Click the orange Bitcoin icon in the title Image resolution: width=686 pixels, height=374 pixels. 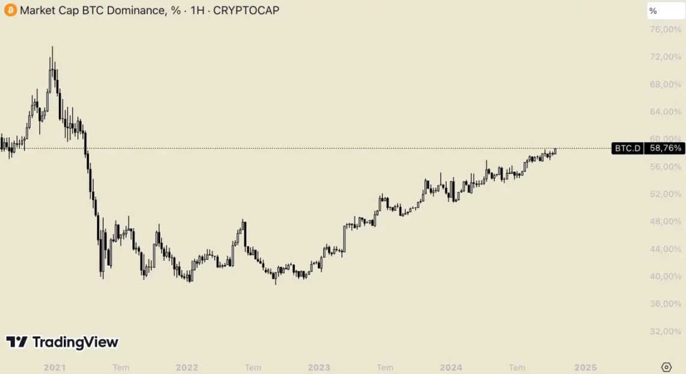10,10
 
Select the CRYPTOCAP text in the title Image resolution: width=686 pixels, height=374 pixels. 246,10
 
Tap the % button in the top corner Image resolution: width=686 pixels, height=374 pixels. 666,11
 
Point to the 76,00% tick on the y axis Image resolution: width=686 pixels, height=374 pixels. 666,30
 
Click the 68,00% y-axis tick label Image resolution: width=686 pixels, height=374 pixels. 666,84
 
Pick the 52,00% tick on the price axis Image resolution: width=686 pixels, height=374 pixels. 666,194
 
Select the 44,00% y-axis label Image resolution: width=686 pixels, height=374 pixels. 666,249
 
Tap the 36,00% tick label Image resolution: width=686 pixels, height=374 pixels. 666,304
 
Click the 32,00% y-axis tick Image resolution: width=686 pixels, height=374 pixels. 666,331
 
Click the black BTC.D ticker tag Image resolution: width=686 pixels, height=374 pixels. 627,148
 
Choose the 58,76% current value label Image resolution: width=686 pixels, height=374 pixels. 665,148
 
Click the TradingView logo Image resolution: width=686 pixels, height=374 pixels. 62,342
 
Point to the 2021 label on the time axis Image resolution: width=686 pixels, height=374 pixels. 55,367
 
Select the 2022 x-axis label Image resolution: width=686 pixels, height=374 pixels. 187,367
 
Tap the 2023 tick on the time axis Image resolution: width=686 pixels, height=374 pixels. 319,367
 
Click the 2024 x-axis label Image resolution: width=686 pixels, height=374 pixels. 451,367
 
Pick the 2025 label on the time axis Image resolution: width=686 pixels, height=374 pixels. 585,367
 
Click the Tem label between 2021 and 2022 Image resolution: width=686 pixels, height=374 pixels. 121,367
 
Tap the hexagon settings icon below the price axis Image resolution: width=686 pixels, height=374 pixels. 666,367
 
